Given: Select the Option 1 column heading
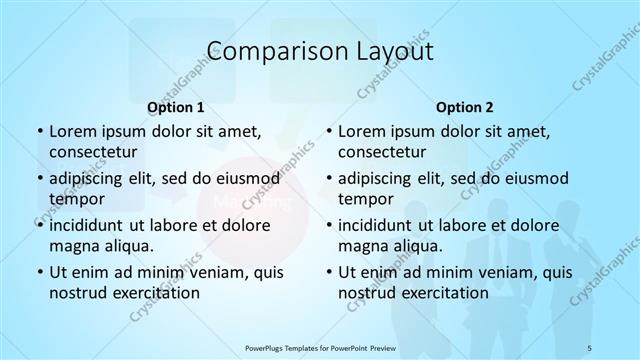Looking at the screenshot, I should coord(176,106).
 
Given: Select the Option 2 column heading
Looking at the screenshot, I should coord(465,106).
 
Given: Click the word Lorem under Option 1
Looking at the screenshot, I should coord(72,132).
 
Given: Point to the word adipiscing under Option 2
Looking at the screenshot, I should coord(382,178).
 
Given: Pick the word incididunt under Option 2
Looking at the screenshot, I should coord(381,225).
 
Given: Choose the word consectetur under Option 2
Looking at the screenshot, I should coord(383,153).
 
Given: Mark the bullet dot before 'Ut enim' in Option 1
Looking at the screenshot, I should coord(38,272).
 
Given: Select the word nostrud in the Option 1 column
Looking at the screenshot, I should coord(77,293).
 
